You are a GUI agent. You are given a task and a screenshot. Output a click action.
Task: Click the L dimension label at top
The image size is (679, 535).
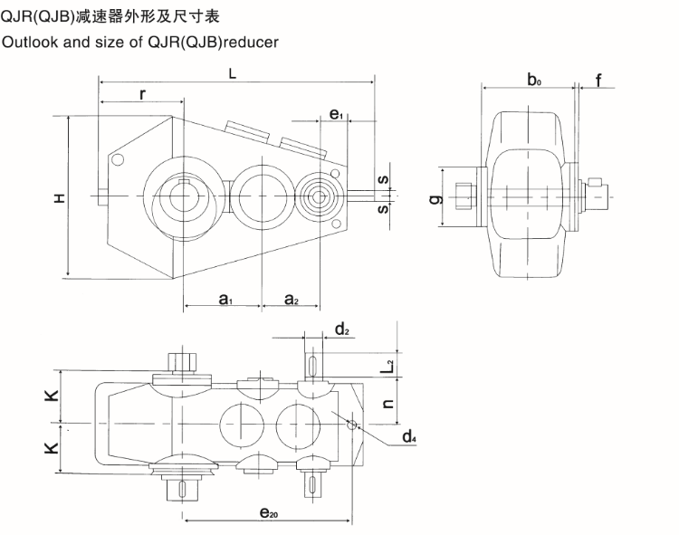(x=233, y=77)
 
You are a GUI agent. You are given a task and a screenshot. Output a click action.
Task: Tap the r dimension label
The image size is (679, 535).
(x=143, y=94)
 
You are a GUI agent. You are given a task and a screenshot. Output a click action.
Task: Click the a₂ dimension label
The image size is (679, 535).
(x=291, y=299)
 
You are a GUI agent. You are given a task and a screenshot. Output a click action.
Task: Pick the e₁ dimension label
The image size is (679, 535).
(x=335, y=113)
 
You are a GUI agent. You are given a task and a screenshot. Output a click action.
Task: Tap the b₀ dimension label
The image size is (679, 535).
(x=534, y=80)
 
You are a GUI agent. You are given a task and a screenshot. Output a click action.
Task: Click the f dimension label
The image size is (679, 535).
(x=598, y=81)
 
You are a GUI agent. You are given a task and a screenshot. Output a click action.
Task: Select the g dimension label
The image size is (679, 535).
(x=435, y=197)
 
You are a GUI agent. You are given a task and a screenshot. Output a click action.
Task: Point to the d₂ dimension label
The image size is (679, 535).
(x=341, y=330)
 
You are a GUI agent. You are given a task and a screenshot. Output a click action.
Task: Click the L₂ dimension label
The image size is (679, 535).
(x=387, y=366)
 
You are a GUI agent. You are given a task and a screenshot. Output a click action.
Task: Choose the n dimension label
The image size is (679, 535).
(x=386, y=405)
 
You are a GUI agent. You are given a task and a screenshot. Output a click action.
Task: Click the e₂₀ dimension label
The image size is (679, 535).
(x=268, y=513)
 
